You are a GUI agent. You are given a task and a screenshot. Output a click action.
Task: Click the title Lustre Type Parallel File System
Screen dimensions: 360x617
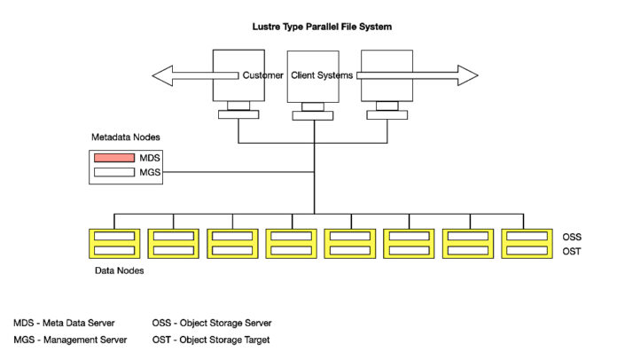322,27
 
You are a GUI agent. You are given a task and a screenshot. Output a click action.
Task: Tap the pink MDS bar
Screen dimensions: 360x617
113,158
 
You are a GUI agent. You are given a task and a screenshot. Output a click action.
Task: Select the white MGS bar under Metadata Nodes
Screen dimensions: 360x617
113,173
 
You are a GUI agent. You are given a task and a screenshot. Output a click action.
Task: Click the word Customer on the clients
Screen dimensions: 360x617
263,76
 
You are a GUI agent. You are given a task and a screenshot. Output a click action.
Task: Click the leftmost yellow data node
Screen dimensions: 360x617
113,244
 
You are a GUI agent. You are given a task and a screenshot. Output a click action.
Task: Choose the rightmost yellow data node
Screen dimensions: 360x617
527,244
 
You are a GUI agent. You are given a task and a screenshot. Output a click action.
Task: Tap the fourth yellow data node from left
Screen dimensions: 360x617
291,244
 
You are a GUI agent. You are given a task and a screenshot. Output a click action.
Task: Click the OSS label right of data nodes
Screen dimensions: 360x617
572,238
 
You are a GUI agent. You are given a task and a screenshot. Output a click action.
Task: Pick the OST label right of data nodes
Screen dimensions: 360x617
572,253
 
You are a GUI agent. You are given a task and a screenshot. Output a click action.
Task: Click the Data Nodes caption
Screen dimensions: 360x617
119,270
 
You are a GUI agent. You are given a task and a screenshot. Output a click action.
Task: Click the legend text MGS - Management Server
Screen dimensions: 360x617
70,340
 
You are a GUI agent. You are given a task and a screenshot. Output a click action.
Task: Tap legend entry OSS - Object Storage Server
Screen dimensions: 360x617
212,323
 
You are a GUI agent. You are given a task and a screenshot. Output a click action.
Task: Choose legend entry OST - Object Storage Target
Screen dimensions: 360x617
211,340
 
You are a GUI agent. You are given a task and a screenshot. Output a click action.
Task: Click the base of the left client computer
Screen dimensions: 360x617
238,113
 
